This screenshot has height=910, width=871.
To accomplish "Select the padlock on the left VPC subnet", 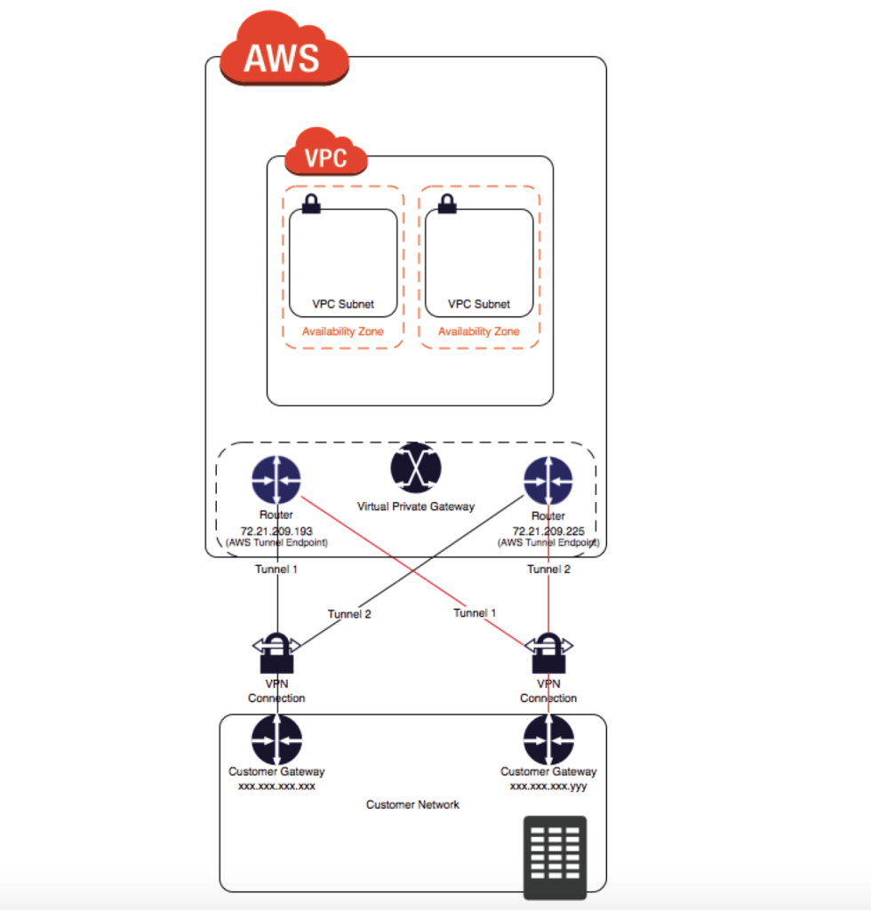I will [311, 204].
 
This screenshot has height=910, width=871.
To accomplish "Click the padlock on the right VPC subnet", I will [447, 204].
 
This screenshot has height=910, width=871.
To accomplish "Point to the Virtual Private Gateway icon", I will [415, 467].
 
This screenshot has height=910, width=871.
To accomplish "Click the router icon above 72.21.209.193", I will [276, 481].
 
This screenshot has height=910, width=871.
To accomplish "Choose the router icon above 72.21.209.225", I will [547, 481].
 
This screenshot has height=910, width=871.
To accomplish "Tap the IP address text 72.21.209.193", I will [276, 531].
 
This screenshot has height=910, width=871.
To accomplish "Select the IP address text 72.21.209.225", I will [547, 531].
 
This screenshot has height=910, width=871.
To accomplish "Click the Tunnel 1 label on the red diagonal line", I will [475, 613].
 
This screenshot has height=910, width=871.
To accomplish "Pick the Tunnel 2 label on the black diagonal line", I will [349, 614].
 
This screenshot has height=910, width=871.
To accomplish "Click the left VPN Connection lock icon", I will [276, 654].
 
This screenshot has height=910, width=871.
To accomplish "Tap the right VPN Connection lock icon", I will [548, 654].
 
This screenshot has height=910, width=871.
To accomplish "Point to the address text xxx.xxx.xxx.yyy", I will [548, 786].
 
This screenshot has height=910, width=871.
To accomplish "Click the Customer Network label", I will [413, 805].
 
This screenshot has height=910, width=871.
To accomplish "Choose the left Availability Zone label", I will [343, 331].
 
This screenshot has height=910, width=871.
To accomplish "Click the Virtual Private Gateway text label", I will [416, 507].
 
